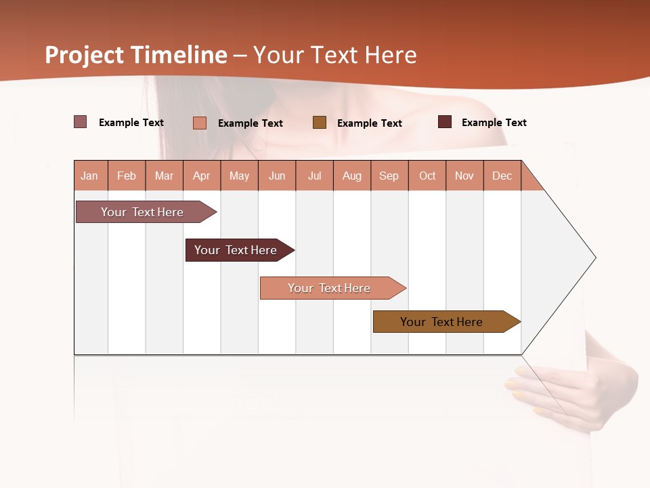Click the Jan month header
click(x=89, y=176)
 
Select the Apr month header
click(x=202, y=176)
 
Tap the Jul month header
click(x=314, y=176)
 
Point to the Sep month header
click(x=389, y=176)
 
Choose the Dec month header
click(x=502, y=176)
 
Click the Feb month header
click(x=127, y=176)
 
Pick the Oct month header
click(x=427, y=176)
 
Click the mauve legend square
click(x=80, y=122)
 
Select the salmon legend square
click(x=199, y=123)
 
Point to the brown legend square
click(x=320, y=123)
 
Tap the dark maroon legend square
click(x=444, y=122)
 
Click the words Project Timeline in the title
click(x=136, y=55)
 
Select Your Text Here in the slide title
click(x=334, y=55)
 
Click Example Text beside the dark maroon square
click(x=494, y=123)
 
